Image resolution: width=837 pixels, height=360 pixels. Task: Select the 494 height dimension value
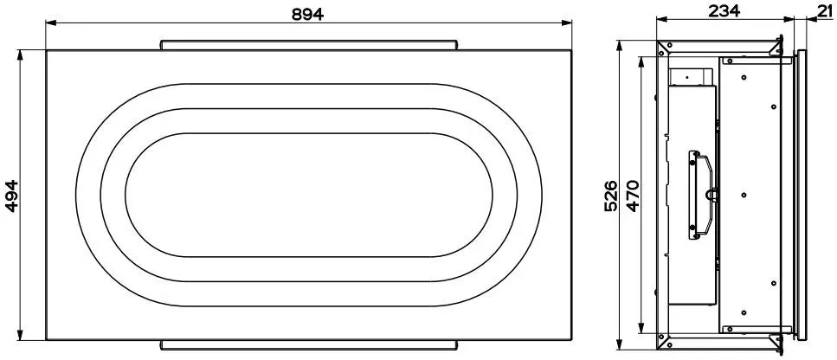tap(12, 196)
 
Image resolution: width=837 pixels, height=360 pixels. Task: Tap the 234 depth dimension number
tap(724, 10)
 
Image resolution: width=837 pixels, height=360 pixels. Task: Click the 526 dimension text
tap(611, 196)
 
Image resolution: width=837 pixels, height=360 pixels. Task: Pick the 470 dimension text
tap(633, 196)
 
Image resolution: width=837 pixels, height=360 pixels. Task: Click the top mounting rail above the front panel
tap(309, 45)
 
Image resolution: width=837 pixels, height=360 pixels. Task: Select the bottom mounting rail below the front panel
tap(309, 345)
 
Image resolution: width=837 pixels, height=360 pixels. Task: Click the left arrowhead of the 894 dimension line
tap(51, 22)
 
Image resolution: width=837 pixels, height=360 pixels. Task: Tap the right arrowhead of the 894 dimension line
tap(566, 22)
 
